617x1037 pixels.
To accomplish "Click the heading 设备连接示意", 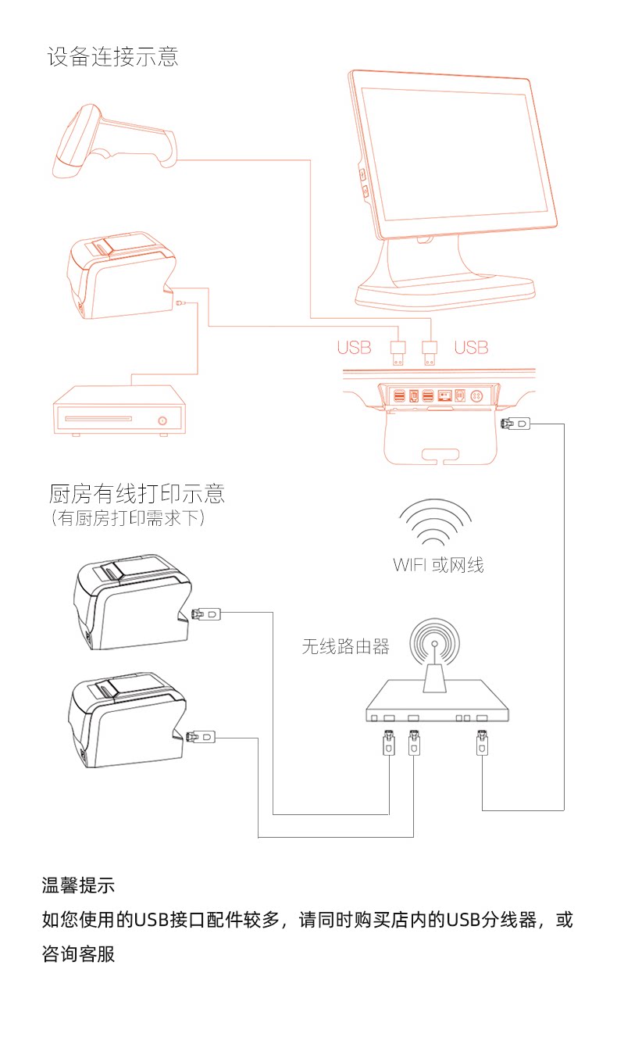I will click(112, 57).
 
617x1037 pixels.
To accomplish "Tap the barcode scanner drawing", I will click(113, 138).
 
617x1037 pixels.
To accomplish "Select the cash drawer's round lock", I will click(162, 420).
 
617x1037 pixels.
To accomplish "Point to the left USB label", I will click(354, 348).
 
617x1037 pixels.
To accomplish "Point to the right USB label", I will click(471, 348).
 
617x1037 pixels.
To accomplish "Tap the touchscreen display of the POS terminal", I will click(453, 152).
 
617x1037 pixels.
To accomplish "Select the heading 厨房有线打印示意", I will click(137, 494).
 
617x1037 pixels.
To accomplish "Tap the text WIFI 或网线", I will click(438, 564).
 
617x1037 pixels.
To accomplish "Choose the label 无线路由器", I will click(345, 646).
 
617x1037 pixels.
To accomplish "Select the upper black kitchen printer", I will click(129, 604).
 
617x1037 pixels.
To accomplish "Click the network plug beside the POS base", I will click(514, 424).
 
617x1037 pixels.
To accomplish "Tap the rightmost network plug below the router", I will click(482, 742).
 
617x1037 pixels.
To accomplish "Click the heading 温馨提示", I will click(78, 886).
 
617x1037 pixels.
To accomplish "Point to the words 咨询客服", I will click(78, 954).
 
